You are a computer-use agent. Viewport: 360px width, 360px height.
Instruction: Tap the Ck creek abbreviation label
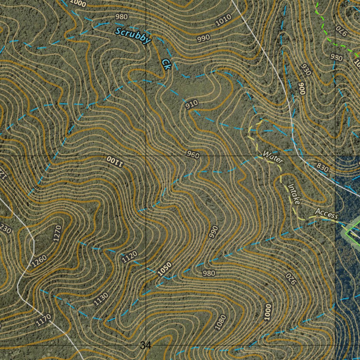(x=166, y=64)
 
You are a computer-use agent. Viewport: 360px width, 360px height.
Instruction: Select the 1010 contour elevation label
(x=224, y=20)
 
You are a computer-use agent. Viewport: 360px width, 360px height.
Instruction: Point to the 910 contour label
(x=192, y=104)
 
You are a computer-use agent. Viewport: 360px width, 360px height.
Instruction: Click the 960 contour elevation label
(x=193, y=155)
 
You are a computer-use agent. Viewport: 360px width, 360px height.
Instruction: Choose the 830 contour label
(x=322, y=168)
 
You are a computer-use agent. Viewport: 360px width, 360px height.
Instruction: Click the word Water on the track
(x=273, y=157)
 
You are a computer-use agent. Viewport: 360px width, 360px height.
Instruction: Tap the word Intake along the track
(x=294, y=194)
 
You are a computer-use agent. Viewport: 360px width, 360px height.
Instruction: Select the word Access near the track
(x=326, y=213)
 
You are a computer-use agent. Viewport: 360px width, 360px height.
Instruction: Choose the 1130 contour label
(x=101, y=299)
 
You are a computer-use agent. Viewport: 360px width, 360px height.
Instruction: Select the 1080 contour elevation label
(x=221, y=322)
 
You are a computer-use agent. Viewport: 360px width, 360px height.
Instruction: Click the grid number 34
(x=146, y=346)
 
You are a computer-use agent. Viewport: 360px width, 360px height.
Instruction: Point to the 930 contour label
(x=306, y=70)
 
